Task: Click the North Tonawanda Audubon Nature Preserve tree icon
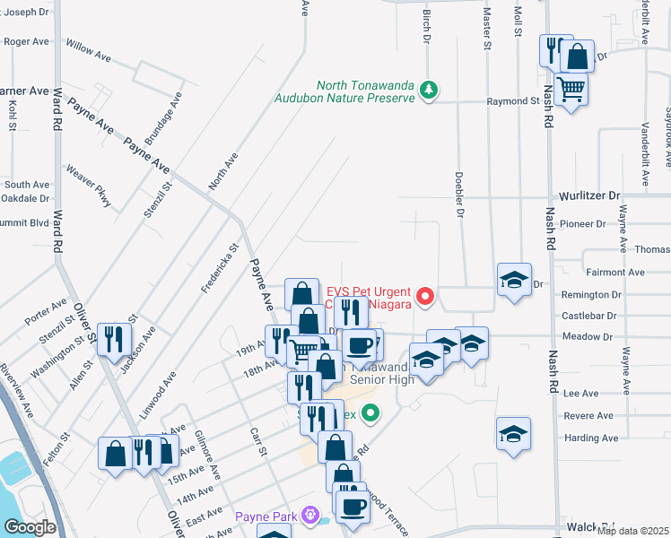click(x=430, y=89)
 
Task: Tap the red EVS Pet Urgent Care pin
click(x=427, y=295)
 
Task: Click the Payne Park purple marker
click(x=310, y=516)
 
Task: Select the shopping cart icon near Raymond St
click(x=571, y=90)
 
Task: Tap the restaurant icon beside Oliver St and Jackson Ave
click(x=115, y=338)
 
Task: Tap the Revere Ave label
click(x=588, y=416)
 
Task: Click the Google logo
click(x=30, y=527)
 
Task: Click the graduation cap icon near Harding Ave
click(x=513, y=434)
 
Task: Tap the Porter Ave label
click(x=46, y=313)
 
